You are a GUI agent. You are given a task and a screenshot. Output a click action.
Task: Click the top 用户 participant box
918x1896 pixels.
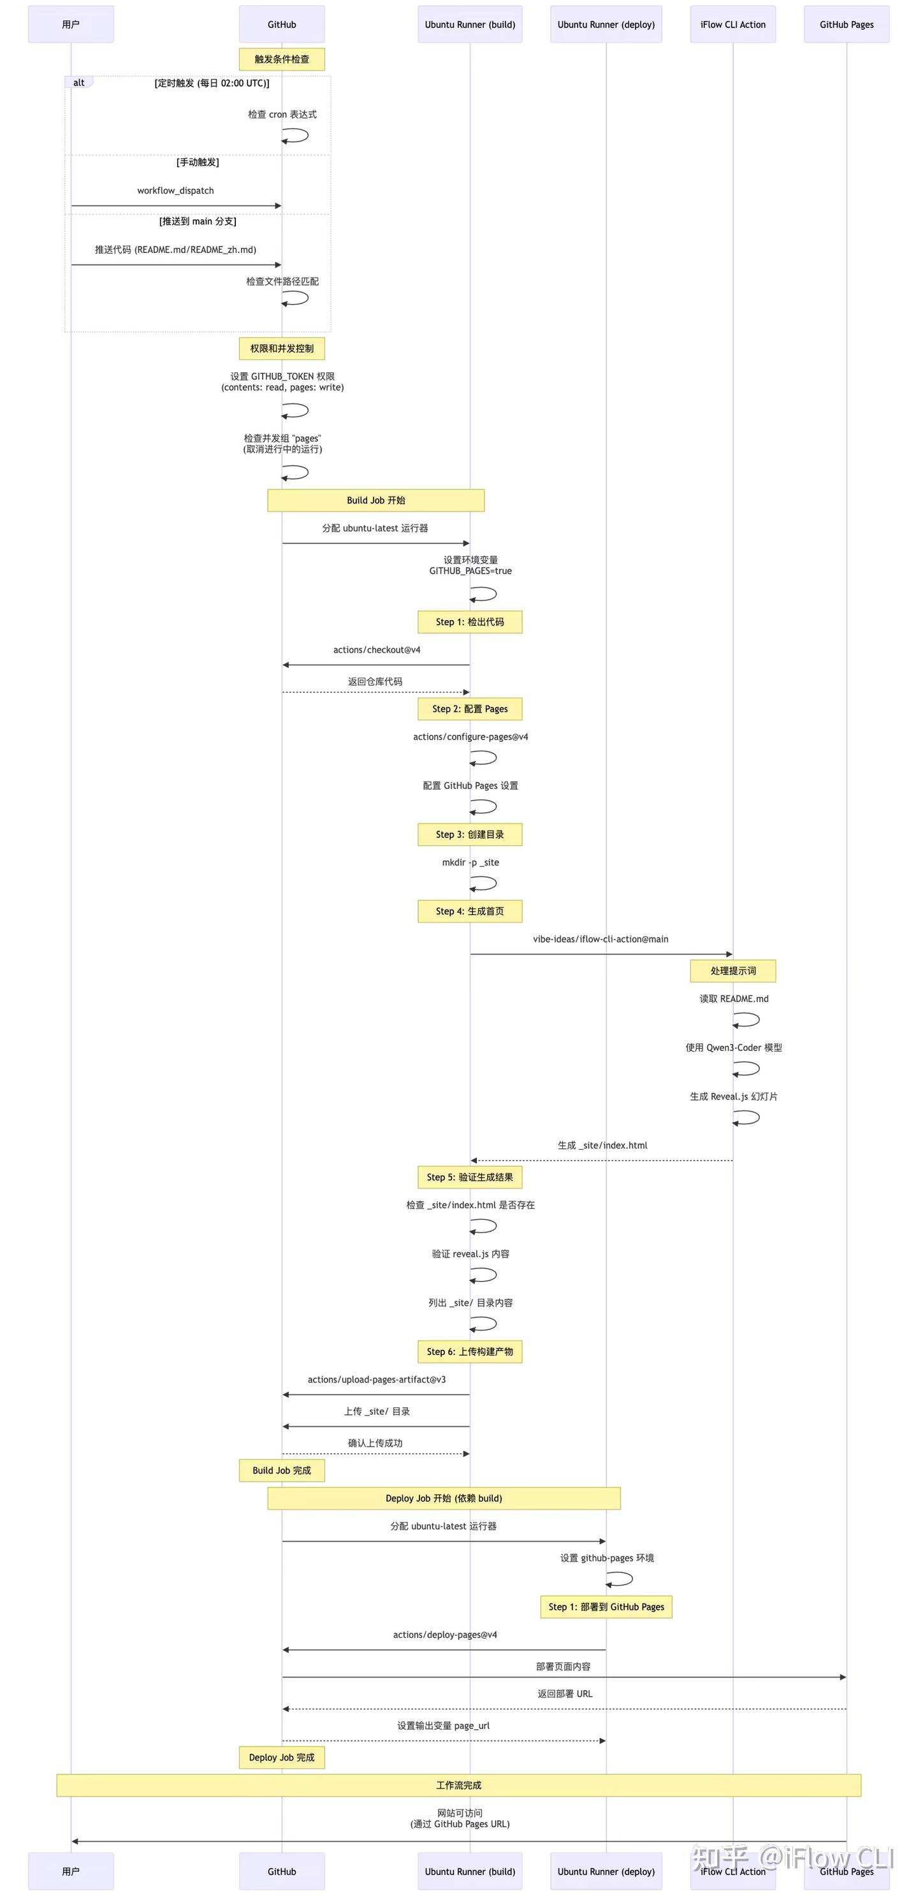pos(71,24)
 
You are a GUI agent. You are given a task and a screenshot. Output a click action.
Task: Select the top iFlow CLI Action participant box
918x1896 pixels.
pos(732,24)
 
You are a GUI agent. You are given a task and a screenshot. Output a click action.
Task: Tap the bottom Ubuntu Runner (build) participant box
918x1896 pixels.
pos(470,1871)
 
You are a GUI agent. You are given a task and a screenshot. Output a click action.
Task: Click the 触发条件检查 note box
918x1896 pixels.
pos(282,59)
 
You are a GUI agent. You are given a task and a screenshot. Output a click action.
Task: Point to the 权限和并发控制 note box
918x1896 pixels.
pos(282,348)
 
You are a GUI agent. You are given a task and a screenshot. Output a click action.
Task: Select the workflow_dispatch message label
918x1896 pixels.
pos(175,191)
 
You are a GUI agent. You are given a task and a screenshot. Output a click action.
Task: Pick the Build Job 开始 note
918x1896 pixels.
pos(375,500)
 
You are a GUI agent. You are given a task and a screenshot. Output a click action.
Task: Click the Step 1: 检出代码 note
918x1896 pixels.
pos(470,622)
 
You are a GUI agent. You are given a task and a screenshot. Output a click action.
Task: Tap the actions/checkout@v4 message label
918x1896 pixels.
pos(376,650)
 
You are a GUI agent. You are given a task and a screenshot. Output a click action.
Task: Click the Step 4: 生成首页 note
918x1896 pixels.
pos(470,911)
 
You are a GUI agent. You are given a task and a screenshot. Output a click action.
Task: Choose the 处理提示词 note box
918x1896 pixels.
pos(732,971)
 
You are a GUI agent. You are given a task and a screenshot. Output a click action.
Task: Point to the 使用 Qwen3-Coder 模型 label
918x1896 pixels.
pos(733,1047)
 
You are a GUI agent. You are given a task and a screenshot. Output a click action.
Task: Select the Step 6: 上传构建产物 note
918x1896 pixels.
pos(470,1351)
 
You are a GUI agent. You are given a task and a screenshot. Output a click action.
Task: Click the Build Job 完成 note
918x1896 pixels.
pos(282,1470)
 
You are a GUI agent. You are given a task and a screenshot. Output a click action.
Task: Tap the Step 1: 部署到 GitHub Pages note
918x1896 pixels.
pos(606,1607)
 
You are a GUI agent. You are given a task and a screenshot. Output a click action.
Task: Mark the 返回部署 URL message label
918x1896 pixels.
pos(565,1693)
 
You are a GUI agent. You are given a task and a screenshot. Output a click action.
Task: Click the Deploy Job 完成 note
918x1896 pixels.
pos(282,1758)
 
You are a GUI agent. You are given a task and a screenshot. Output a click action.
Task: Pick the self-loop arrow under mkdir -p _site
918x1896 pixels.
pos(484,883)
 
